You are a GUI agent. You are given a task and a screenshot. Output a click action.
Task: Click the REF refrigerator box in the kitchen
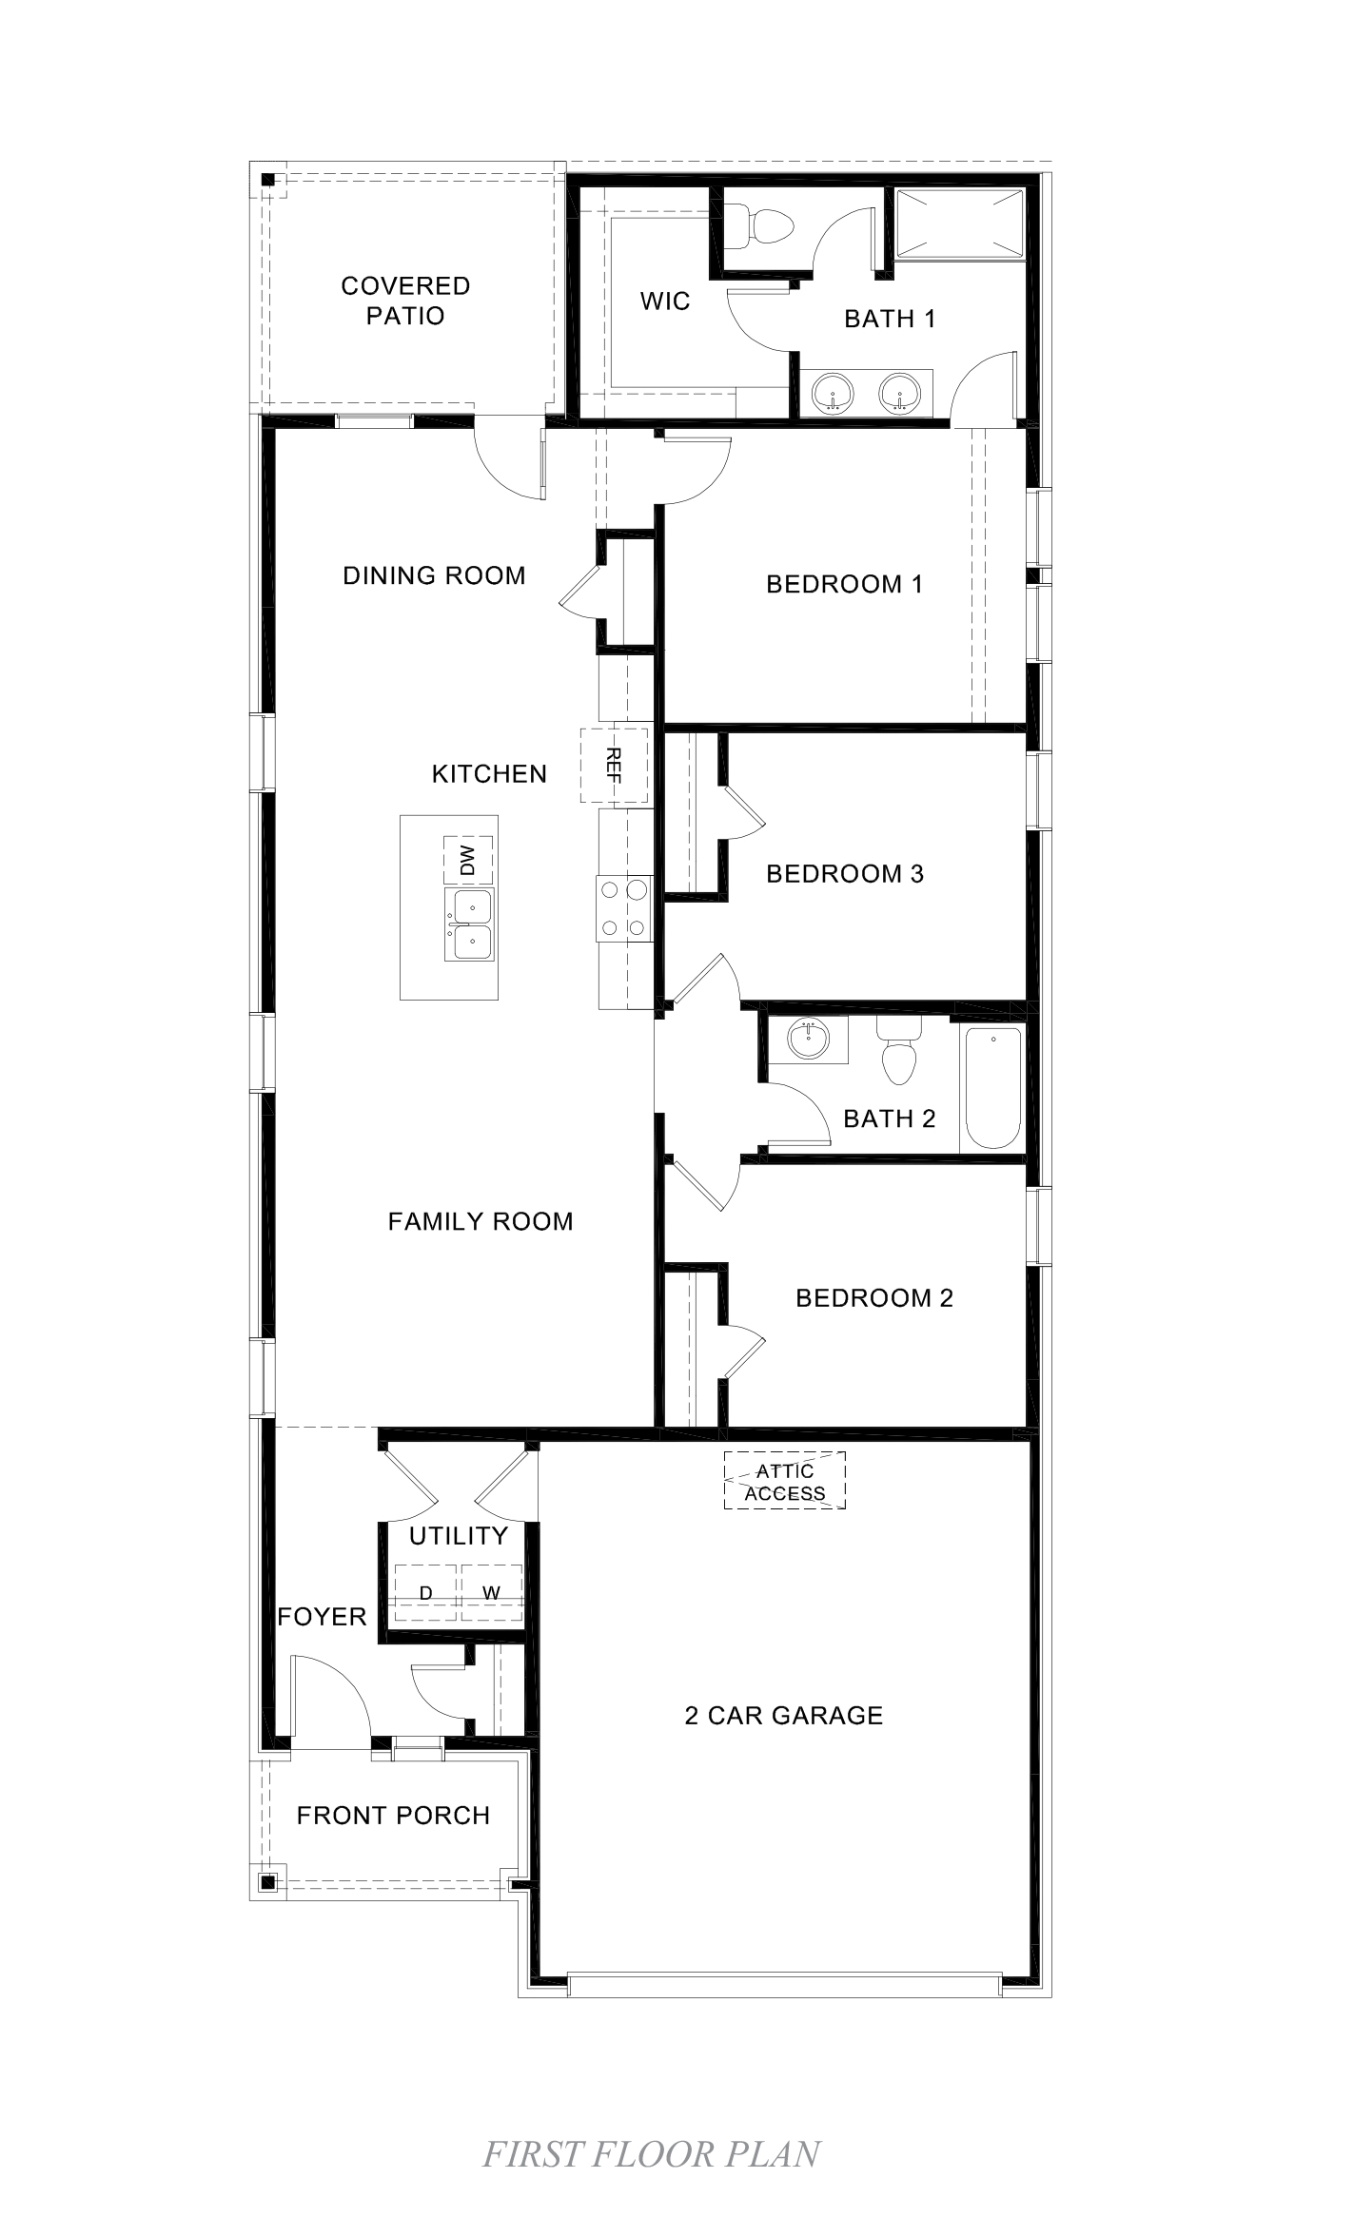pos(614,765)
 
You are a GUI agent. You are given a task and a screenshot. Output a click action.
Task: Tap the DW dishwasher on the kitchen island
pos(468,861)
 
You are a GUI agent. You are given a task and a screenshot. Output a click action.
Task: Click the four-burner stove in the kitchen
pos(623,908)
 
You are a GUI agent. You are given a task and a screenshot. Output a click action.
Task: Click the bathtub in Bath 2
pos(993,1088)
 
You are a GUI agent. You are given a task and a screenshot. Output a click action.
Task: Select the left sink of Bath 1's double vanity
pos(833,392)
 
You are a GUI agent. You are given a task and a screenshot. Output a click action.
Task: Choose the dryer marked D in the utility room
pos(426,1593)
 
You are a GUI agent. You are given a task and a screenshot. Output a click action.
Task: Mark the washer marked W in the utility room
pos(491,1593)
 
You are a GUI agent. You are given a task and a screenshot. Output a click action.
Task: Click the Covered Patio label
pos(405,301)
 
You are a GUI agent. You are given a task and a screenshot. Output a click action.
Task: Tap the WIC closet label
pos(665,301)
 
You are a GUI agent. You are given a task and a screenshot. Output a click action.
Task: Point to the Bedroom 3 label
pos(845,873)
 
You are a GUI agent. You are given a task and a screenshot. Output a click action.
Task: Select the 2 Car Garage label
pos(784,1715)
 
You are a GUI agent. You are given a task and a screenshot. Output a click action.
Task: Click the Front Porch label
pos(393,1815)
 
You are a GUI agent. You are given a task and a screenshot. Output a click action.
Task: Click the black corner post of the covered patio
pos(268,179)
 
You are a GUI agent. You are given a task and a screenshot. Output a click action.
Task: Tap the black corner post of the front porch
pos(267,1881)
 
